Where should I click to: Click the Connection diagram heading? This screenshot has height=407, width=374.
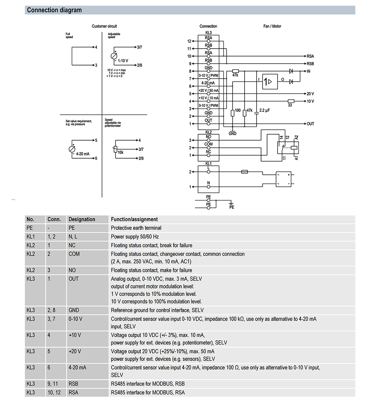tap(54, 10)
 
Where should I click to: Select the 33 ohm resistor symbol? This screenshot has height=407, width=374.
tap(291, 101)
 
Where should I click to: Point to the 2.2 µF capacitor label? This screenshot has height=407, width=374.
tap(264, 111)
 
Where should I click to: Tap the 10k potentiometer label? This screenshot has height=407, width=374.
tap(121, 152)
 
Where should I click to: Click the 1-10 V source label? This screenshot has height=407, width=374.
tap(123, 60)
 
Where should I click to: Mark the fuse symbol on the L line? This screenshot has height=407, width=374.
tap(245, 172)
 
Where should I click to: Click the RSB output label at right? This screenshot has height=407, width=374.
tap(310, 64)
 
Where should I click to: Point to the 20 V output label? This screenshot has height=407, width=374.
tap(310, 94)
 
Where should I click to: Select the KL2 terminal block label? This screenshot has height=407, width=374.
tap(208, 132)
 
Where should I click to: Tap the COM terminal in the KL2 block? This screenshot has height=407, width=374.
tap(208, 144)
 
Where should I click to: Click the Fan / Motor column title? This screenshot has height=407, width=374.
tap(272, 26)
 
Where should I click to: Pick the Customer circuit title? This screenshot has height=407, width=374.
tap(104, 26)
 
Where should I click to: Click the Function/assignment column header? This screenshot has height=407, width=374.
tap(134, 220)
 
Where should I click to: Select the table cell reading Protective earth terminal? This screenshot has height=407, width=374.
tap(136, 228)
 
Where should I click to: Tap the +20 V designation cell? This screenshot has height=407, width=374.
tap(75, 351)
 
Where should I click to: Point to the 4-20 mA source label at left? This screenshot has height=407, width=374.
tap(83, 154)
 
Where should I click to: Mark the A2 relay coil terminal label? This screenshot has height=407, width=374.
tap(296, 138)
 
